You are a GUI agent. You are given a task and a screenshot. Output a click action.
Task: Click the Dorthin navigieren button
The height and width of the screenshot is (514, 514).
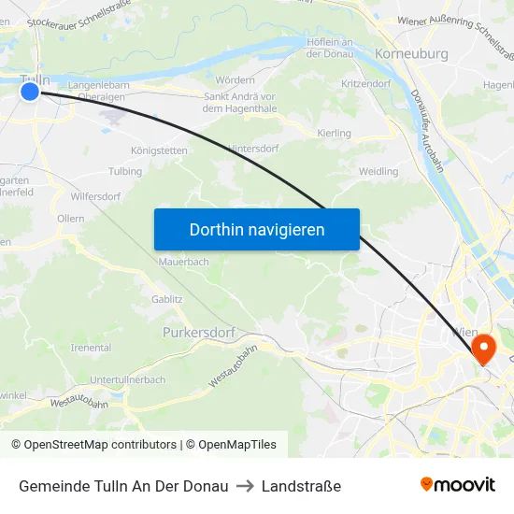[x=257, y=229]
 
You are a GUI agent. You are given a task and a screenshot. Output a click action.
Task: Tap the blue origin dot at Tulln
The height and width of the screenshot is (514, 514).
[x=30, y=91]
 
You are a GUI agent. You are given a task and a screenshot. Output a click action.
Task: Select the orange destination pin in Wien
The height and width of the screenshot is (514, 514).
[x=484, y=350]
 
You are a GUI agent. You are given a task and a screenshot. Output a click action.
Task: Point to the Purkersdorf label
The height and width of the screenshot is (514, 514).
[x=198, y=332]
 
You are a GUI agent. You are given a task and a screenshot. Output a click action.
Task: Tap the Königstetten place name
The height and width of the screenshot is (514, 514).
[x=158, y=150]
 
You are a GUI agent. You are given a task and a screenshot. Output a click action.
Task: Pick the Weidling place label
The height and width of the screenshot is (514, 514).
[x=378, y=171]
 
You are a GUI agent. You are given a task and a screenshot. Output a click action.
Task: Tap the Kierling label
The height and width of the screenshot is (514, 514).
[x=335, y=134]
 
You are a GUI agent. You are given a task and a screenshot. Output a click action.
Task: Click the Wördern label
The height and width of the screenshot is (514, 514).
[x=235, y=80]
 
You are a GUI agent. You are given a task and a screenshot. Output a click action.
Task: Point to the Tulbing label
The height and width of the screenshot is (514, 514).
[x=125, y=171]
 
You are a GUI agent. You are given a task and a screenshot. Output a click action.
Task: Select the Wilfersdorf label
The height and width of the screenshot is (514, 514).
[x=95, y=197]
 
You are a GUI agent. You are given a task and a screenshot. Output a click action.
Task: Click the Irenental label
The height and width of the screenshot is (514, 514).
[x=91, y=348]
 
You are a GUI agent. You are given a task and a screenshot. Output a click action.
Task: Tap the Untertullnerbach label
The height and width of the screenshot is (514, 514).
[x=127, y=379]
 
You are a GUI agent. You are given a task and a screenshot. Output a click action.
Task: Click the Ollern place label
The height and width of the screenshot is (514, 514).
[x=70, y=219]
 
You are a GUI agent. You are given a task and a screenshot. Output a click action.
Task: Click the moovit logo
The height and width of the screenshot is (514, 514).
[x=458, y=485]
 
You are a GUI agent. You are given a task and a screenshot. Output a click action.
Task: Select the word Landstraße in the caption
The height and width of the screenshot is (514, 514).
[x=301, y=486]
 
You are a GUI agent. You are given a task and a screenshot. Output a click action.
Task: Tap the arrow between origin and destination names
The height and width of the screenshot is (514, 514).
[x=245, y=486]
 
